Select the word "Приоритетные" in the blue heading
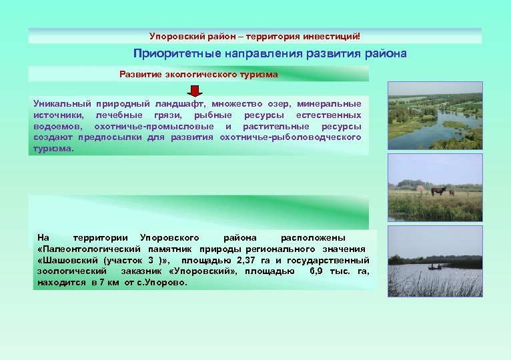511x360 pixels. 169,53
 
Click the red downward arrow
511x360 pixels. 193,90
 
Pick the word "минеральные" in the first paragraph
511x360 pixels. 330,104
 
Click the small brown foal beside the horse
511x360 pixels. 452,193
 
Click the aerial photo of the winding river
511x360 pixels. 435,114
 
